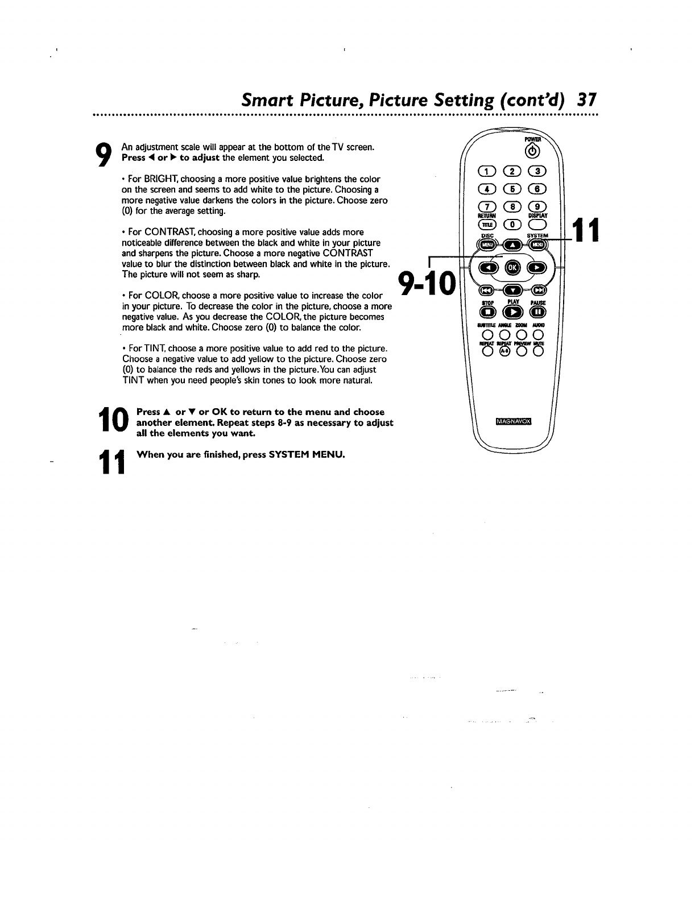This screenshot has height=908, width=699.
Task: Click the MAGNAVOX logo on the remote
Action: point(513,421)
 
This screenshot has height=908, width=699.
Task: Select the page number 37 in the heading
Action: point(585,101)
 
